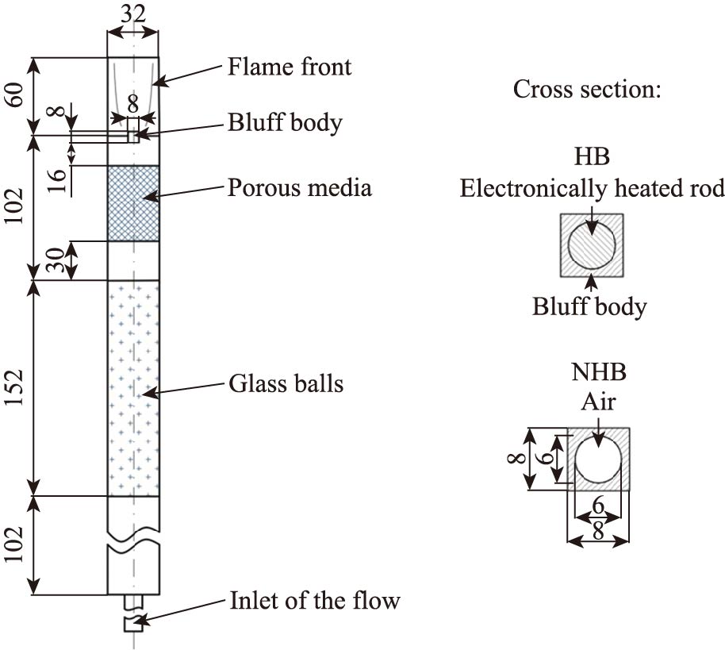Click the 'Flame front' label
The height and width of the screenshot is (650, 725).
coord(290,66)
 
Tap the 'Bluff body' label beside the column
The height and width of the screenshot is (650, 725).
coord(285,123)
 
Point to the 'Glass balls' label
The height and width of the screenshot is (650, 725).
coord(286,384)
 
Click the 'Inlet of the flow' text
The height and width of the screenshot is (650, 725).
coord(315,600)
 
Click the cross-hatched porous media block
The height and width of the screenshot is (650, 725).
coord(133,202)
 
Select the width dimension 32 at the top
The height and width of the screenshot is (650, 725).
coord(133,13)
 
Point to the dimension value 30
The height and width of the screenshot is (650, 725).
coord(56,260)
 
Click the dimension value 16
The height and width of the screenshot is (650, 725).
coord(56,181)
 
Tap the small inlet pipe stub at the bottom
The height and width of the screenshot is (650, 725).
coord(132,623)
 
